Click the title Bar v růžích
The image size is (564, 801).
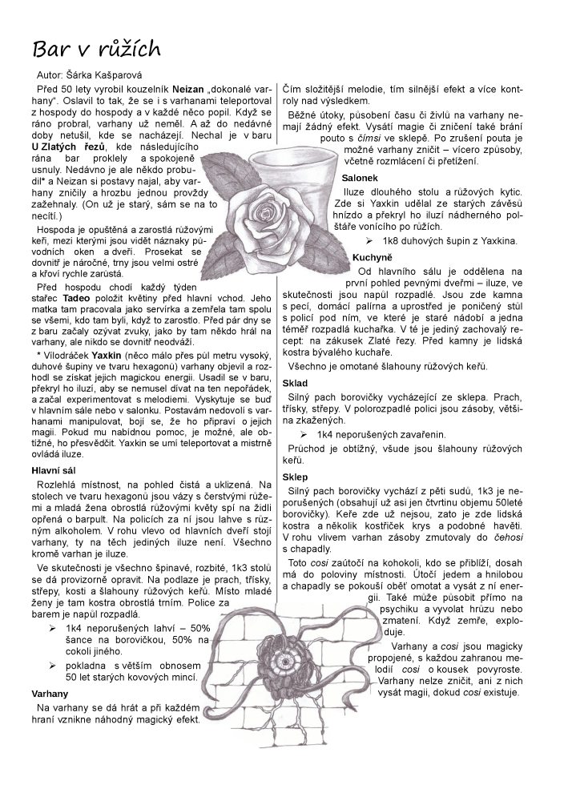[96, 49]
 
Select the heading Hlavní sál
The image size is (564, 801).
[54, 470]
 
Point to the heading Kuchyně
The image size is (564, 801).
[373, 256]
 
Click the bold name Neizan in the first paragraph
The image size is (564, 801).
[186, 87]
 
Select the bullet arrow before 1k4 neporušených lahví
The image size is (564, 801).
[54, 627]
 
